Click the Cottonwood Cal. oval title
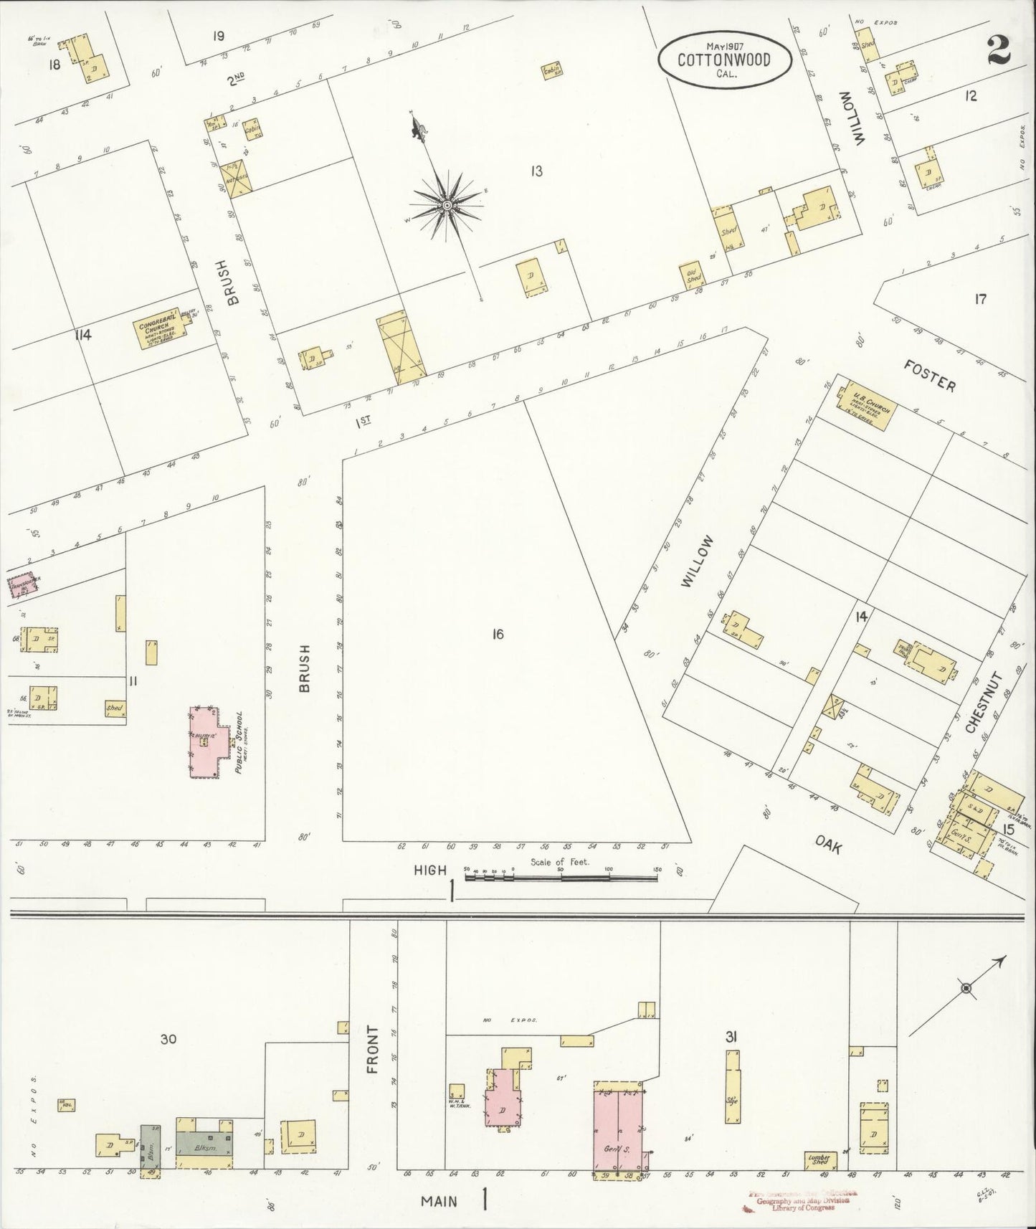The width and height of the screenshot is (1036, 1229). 724,58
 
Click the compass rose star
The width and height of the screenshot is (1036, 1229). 447,206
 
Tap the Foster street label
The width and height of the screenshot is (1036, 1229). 929,375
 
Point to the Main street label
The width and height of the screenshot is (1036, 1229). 437,1200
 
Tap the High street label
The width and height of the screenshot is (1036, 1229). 430,870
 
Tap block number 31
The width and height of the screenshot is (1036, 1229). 731,1036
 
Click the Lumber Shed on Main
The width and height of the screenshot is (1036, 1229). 818,1160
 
